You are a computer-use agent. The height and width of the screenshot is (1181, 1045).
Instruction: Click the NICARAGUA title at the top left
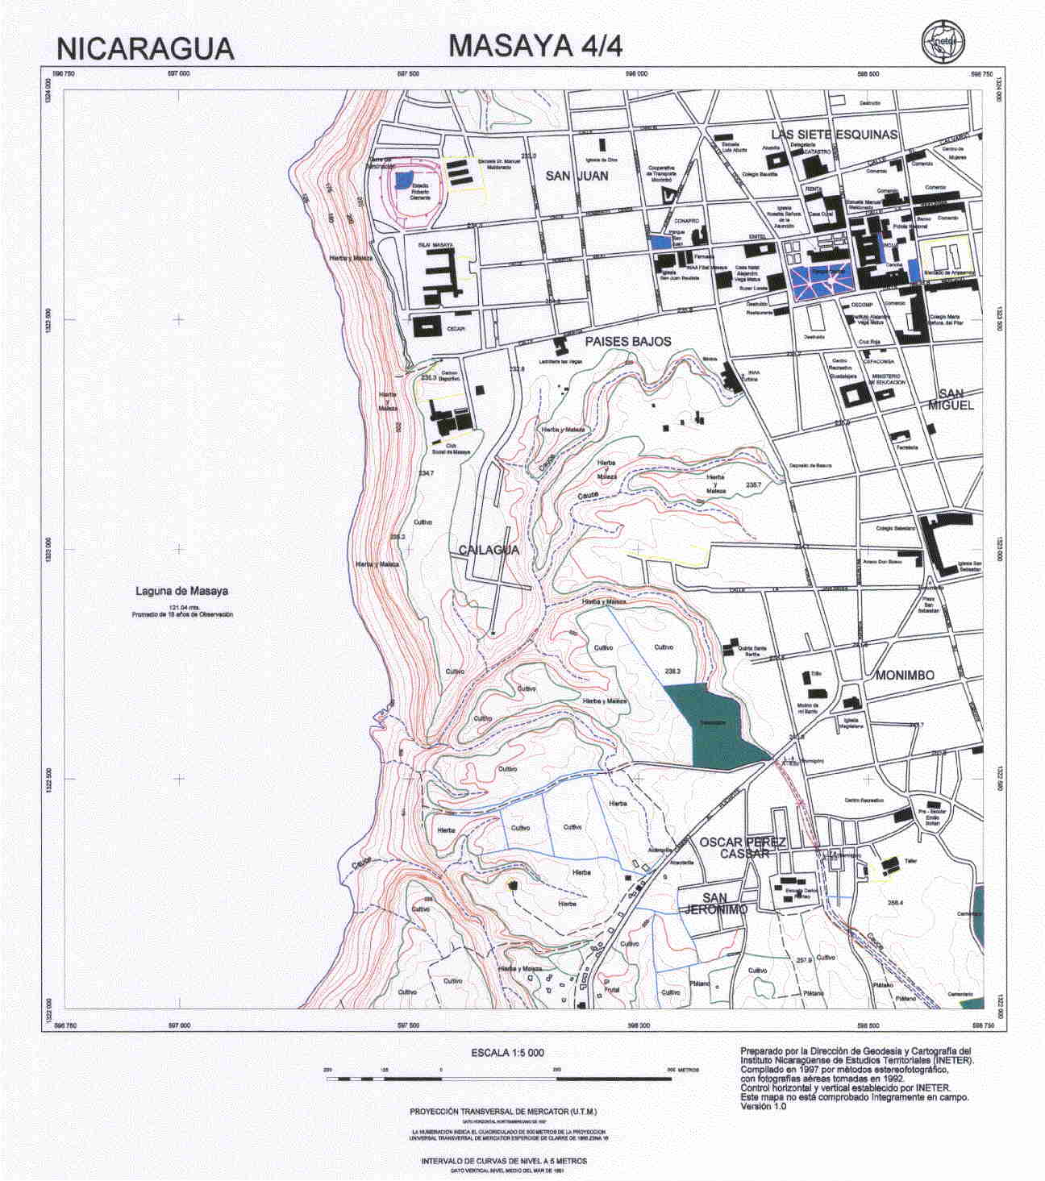point(146,49)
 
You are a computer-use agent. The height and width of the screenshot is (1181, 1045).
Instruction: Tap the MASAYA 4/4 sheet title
point(535,46)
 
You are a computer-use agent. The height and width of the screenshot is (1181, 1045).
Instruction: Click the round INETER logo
point(943,40)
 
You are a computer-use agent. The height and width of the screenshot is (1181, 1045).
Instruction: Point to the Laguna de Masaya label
point(181,591)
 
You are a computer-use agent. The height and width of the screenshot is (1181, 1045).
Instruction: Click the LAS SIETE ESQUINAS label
point(834,134)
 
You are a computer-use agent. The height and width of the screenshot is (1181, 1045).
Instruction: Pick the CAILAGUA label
point(488,550)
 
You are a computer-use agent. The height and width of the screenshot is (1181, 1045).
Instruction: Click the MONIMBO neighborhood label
point(905,676)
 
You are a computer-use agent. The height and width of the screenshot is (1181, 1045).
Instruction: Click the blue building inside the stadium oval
point(405,179)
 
